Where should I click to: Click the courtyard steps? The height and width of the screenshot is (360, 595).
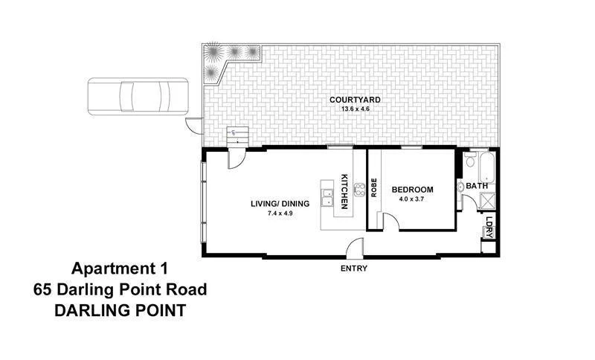237,137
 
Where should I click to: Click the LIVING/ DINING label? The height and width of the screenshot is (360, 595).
281,203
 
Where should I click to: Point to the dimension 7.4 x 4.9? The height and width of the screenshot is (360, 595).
281,214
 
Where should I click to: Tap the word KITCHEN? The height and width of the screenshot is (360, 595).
344,190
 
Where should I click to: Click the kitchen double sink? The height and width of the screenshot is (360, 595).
327,198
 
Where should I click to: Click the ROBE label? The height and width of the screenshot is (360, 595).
374,187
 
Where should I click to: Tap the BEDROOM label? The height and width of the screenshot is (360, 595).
413,190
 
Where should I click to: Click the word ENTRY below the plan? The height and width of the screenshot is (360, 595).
354,268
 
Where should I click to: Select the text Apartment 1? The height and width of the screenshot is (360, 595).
120,269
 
